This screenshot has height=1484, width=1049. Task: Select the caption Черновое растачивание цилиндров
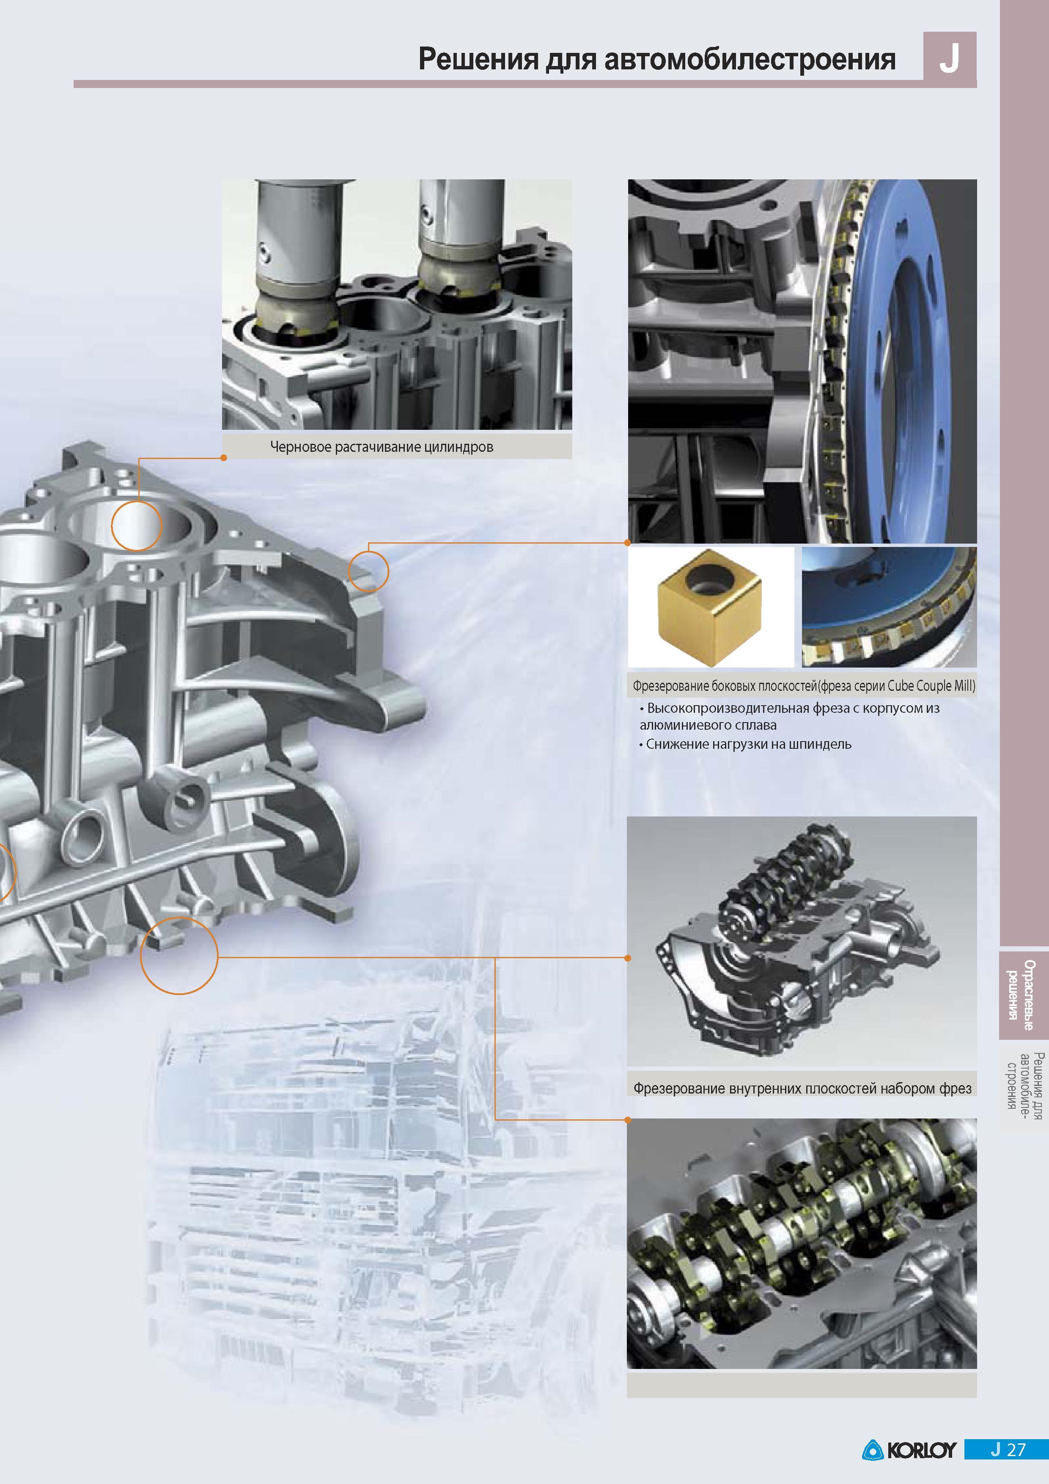382,447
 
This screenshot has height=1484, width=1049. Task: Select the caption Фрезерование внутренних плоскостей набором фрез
802,1088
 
